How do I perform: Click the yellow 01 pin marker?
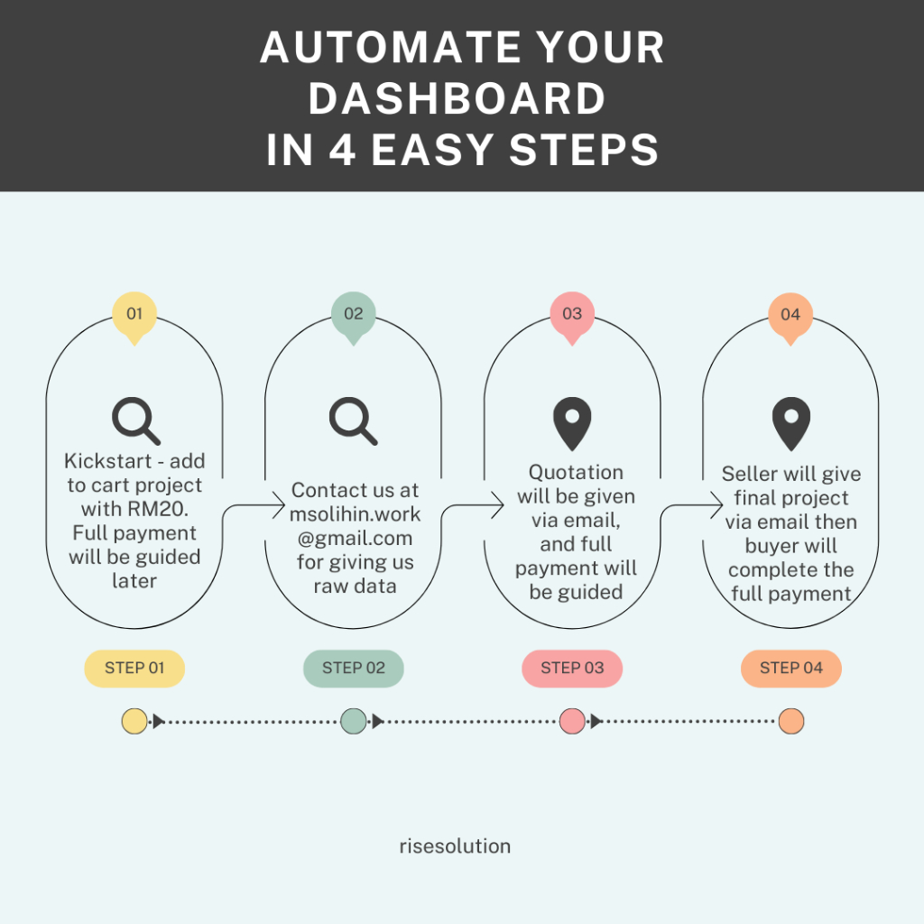(134, 316)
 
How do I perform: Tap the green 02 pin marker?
(353, 316)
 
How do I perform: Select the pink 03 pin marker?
(572, 316)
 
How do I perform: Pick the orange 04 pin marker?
(790, 316)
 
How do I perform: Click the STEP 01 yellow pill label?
(134, 669)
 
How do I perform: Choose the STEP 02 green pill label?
(353, 669)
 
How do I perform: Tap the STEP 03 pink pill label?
(572, 669)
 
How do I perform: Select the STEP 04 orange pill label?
(791, 669)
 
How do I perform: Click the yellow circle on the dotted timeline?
(134, 721)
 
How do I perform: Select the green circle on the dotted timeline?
(354, 721)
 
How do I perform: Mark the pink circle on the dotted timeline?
(572, 721)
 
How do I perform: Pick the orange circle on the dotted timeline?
(791, 721)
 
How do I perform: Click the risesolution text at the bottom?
(455, 846)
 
